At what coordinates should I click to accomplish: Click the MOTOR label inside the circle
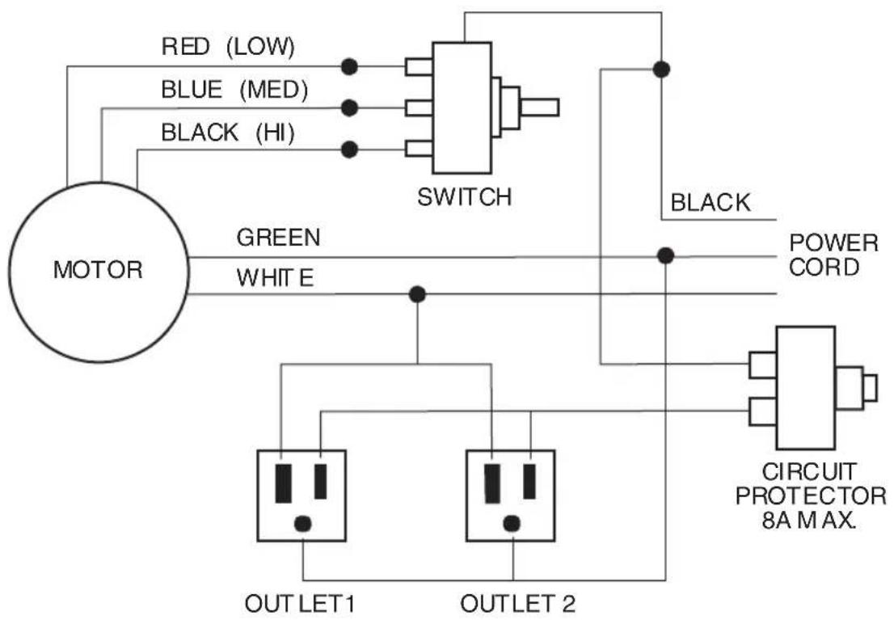pos(97,269)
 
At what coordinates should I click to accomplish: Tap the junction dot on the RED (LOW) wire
pos(349,66)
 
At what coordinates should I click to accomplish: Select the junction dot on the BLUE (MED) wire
pos(349,107)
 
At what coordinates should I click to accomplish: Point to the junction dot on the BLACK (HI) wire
pos(349,149)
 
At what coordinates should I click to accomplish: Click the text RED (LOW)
pos(228,46)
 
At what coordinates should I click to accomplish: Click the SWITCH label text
pos(464,197)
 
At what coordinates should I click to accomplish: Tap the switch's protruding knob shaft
pos(539,107)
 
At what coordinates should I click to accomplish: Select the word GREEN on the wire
pos(278,238)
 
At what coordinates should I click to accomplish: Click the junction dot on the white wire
pos(417,293)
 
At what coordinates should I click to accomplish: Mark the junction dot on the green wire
pos(665,256)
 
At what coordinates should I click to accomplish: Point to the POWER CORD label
pos(833,255)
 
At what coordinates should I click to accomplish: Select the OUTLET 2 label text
pos(517,604)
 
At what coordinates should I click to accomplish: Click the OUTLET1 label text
pos(302,604)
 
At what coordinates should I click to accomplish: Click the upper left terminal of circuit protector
pos(761,365)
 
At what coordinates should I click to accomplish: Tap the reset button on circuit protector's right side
pos(870,387)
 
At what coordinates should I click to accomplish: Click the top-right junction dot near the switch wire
pos(661,70)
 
